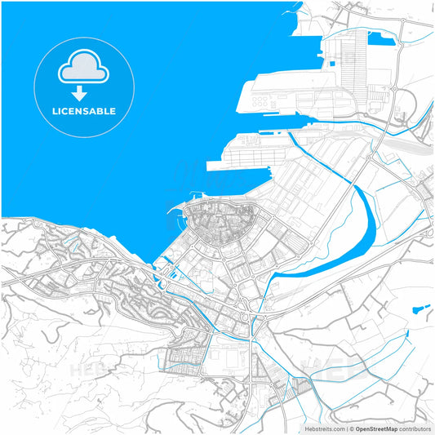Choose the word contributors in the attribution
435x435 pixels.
click(415, 428)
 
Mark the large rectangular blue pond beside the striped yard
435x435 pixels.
click(380, 38)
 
